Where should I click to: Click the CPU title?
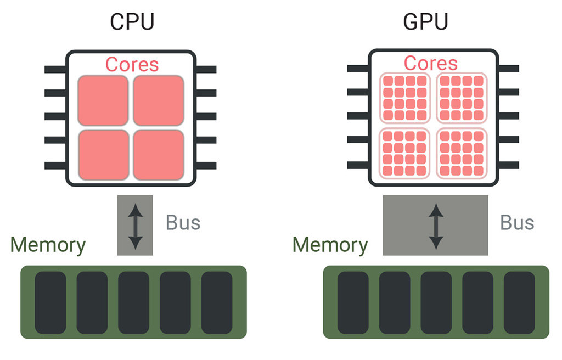click(x=132, y=22)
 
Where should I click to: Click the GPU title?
click(x=425, y=22)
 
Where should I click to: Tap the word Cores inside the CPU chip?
click(x=132, y=64)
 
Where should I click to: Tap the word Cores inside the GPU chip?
click(x=430, y=63)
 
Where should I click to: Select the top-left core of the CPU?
click(x=103, y=100)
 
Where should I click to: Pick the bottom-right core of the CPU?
click(x=159, y=154)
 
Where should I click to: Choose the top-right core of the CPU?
click(x=159, y=100)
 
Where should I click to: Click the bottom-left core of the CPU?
click(x=103, y=154)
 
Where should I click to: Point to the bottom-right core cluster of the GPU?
click(x=462, y=153)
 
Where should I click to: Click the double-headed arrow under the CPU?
click(x=135, y=225)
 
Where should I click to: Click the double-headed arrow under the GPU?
click(x=436, y=225)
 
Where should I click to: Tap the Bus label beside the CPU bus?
click(x=183, y=223)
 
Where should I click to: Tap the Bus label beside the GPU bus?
click(x=517, y=223)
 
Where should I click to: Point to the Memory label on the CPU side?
click(x=48, y=245)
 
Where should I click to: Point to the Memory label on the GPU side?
click(x=330, y=245)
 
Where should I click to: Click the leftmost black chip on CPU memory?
click(x=50, y=302)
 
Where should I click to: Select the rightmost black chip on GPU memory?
click(x=519, y=302)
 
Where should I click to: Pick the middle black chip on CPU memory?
click(x=133, y=302)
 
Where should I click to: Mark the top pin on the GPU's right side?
click(x=508, y=69)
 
